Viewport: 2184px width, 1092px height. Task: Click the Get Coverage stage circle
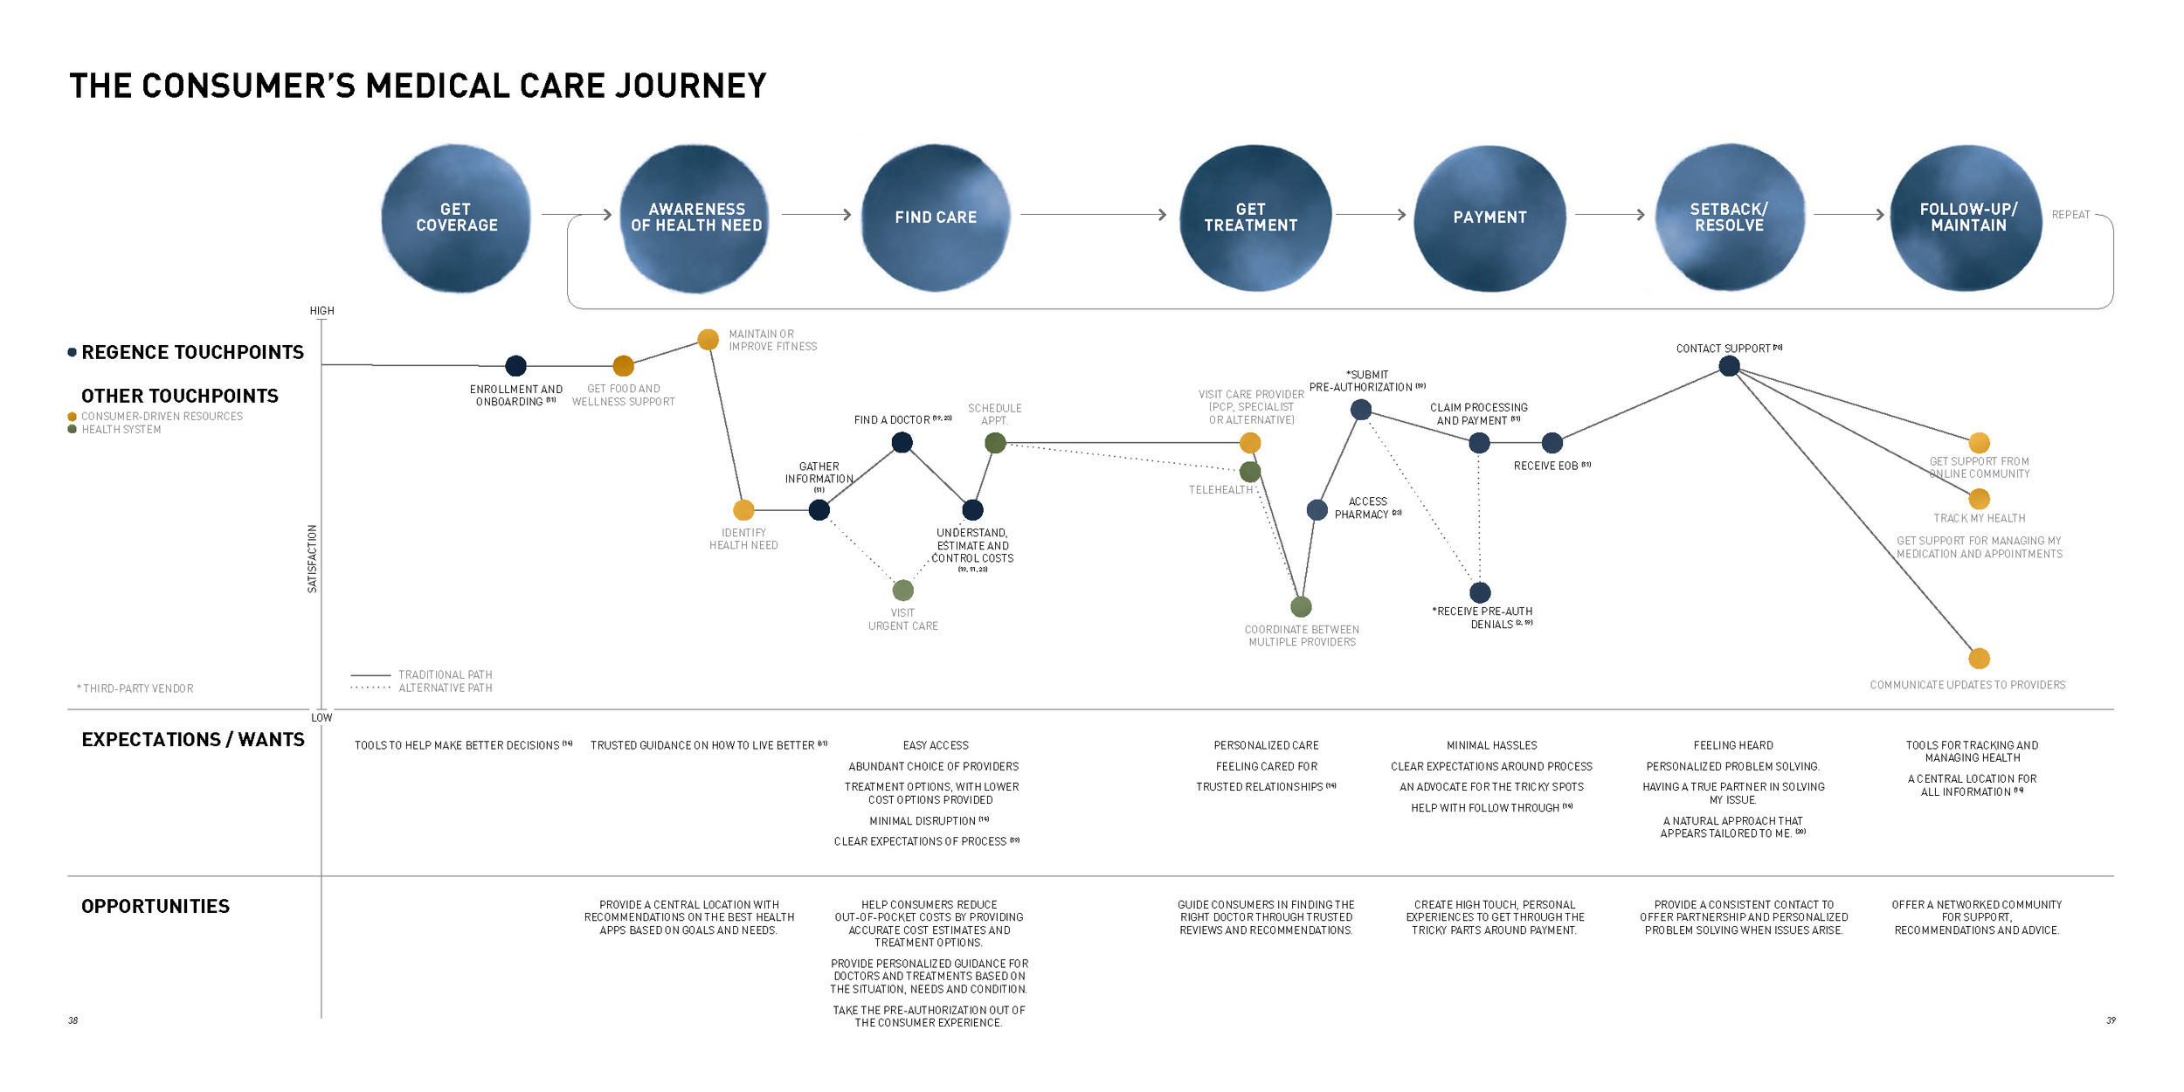pos(456,218)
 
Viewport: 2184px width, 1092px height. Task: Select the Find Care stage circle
pos(936,218)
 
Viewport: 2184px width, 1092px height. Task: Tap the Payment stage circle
pos(1489,218)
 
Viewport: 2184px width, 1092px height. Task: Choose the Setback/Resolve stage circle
pos(1729,218)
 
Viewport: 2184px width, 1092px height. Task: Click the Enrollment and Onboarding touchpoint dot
pos(516,366)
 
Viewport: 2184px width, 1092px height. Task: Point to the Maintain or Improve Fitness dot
pos(708,339)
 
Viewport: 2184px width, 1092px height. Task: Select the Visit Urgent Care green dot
pos(903,591)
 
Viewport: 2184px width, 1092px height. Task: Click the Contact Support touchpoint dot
pos(1729,366)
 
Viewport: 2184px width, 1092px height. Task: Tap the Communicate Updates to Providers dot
pos(1980,659)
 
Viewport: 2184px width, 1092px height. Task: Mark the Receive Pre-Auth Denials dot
pos(1480,593)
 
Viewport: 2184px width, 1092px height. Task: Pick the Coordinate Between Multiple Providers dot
pos(1302,606)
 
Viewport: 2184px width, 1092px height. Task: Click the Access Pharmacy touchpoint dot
pos(1317,510)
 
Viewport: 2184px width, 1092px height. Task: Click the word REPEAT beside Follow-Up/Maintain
pos(2070,215)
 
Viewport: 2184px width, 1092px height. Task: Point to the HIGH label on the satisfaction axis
pos(321,311)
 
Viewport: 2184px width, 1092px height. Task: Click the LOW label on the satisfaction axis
pos(321,718)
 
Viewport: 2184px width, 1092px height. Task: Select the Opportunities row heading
pos(156,907)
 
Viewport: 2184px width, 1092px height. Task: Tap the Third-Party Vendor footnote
pos(135,689)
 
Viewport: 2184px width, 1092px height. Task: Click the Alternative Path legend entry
pos(445,688)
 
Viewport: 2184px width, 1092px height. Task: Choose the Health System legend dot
pos(73,430)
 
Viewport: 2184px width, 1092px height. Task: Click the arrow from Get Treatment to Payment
pos(1370,215)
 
